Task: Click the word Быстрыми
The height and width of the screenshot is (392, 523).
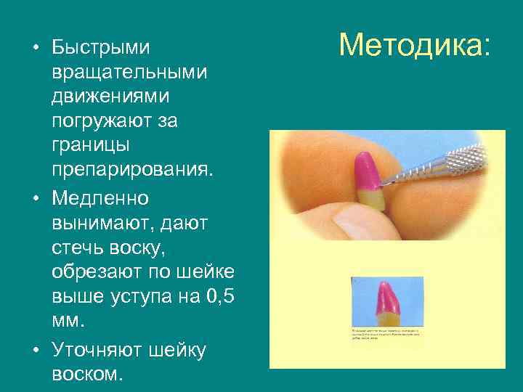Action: pyautogui.click(x=102, y=48)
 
